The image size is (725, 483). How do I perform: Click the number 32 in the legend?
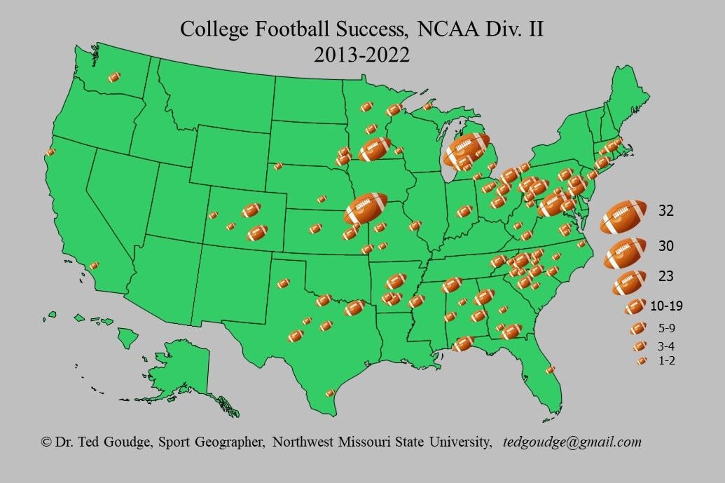tap(666, 210)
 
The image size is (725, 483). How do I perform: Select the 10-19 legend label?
tap(665, 306)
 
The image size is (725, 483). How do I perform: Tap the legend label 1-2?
tap(665, 360)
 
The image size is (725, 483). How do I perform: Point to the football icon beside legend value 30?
tap(625, 253)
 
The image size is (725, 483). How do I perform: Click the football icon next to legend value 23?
tap(629, 283)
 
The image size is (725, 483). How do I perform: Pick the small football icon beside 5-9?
tap(638, 327)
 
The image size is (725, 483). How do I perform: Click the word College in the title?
tap(214, 29)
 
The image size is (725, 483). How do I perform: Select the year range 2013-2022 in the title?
tap(361, 55)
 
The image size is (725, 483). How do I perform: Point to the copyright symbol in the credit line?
tap(47, 442)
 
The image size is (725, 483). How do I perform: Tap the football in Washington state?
tap(113, 78)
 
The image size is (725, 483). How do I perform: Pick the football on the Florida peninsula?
tap(550, 369)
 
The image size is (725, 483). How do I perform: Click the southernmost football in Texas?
tap(330, 393)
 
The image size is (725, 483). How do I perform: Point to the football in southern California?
tap(94, 266)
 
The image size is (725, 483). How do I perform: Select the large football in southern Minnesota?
tap(375, 149)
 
